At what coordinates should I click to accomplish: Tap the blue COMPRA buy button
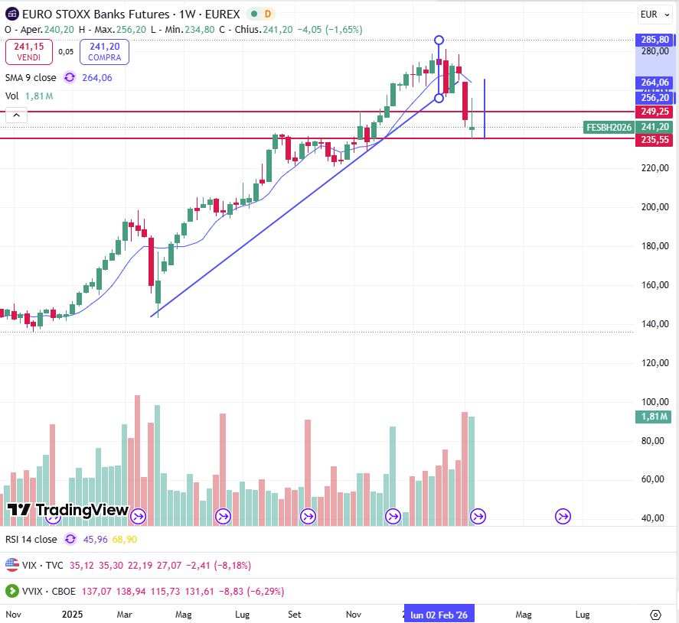104,51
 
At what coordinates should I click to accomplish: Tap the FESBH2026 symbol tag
609,127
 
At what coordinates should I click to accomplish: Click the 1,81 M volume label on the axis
652,417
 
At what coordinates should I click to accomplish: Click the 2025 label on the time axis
72,614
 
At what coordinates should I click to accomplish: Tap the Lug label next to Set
243,614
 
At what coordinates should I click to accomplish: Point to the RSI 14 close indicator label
31,539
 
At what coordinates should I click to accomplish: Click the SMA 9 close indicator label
31,77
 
